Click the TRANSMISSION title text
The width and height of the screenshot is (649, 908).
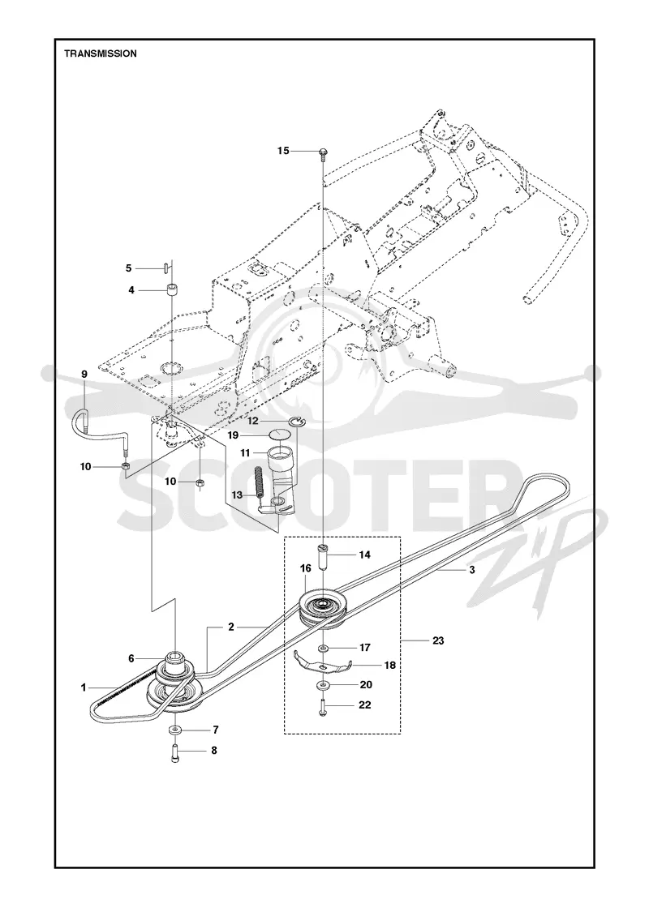point(101,54)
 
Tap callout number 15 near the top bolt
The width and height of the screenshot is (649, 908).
point(283,151)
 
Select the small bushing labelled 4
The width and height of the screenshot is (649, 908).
point(172,289)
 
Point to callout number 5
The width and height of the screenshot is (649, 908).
point(129,268)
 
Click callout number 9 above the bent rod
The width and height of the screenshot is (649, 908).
point(84,374)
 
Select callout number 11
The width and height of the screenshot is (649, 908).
point(245,453)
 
